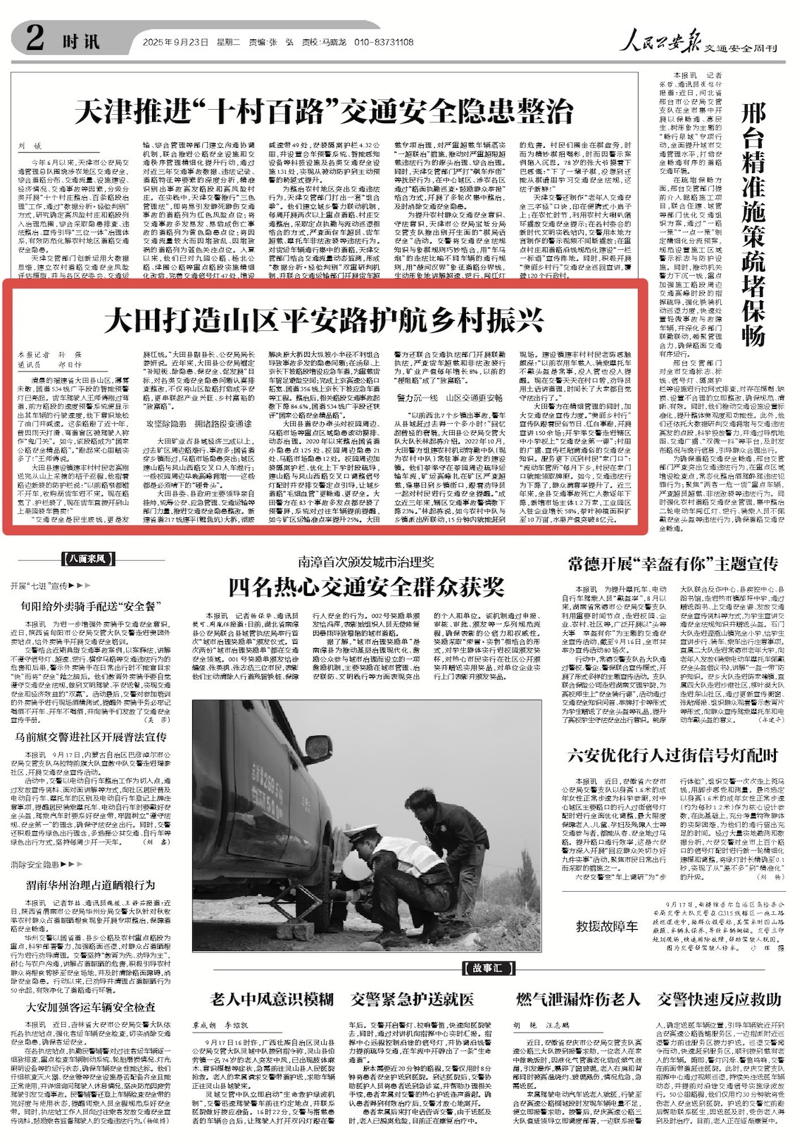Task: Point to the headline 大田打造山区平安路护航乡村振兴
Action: click(324, 320)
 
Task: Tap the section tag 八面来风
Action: click(88, 559)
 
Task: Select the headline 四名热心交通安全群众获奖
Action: click(366, 587)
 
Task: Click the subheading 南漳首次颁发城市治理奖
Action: click(366, 562)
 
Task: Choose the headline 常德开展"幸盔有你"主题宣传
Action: click(672, 564)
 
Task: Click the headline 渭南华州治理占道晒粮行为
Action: click(90, 885)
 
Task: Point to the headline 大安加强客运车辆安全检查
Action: click(91, 1007)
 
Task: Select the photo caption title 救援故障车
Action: click(607, 926)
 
